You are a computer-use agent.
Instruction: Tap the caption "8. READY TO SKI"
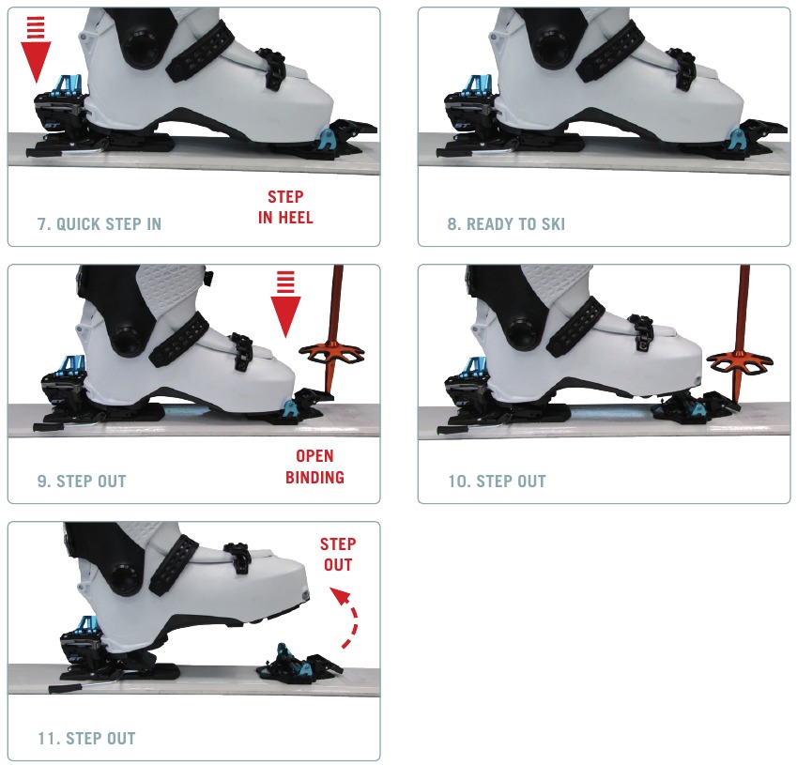pyautogui.click(x=506, y=224)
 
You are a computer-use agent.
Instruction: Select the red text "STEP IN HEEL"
pyautogui.click(x=285, y=207)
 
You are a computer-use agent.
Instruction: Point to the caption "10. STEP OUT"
pyautogui.click(x=497, y=482)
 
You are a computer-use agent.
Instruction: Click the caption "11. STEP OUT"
pyautogui.click(x=86, y=738)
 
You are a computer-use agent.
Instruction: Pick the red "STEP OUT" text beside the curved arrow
pyautogui.click(x=337, y=554)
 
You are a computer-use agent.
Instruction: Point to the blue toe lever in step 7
pyautogui.click(x=325, y=140)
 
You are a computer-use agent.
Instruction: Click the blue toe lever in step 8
pyautogui.click(x=734, y=140)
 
